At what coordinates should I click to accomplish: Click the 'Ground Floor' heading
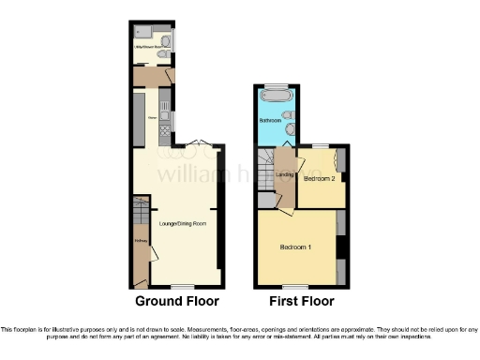177,302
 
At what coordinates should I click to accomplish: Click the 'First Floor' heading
302,302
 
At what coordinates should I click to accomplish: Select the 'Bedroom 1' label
296,247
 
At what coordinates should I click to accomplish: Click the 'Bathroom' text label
271,121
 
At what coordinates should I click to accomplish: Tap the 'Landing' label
285,173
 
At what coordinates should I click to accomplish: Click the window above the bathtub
277,85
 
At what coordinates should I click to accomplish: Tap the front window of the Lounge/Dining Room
181,285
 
